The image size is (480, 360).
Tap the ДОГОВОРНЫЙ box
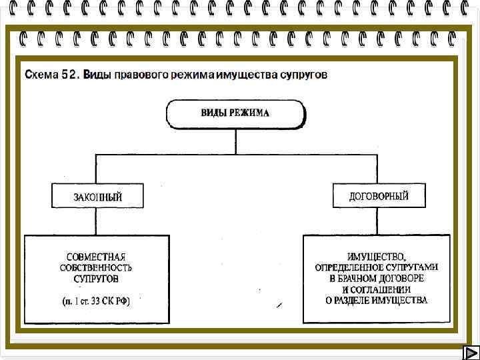click(x=378, y=196)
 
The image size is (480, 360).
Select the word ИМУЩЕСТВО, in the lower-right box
click(x=377, y=256)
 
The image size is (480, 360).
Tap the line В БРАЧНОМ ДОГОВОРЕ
click(x=377, y=278)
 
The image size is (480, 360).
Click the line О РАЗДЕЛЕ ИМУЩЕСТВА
click(x=377, y=301)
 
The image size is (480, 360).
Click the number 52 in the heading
click(x=70, y=75)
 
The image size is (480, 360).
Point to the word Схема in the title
click(x=41, y=75)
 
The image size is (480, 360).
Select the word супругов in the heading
click(x=304, y=75)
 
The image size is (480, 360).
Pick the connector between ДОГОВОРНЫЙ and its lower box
click(x=378, y=220)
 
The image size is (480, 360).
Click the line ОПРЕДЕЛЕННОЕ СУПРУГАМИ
click(x=377, y=267)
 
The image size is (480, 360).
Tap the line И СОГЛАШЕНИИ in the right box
click(x=377, y=289)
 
